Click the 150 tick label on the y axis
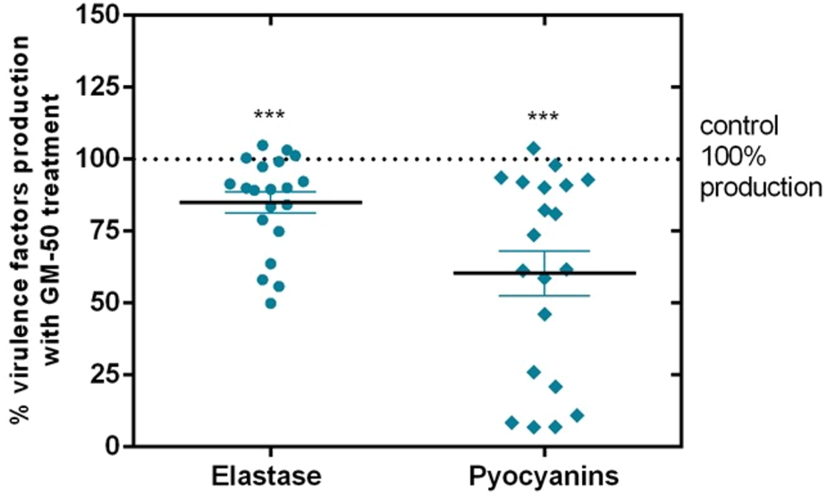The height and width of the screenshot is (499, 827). pos(100,16)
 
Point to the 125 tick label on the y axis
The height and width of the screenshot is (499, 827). pos(100,88)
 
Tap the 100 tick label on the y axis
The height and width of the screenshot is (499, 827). pos(100,159)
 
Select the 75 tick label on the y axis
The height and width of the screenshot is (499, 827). pos(106,231)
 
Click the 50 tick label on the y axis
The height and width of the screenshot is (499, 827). pos(106,302)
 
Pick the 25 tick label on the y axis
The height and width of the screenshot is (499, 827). pos(106,374)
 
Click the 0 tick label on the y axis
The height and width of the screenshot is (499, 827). pos(113,445)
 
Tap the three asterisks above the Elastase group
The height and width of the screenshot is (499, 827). pos(269,117)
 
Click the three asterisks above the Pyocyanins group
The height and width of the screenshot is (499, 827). pos(544,118)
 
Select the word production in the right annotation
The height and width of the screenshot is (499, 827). pos(761,189)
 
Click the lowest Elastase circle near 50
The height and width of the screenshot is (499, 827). pos(271,303)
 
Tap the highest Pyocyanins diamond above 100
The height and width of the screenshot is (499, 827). pos(534,148)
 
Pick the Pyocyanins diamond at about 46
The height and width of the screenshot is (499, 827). pos(544,314)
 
